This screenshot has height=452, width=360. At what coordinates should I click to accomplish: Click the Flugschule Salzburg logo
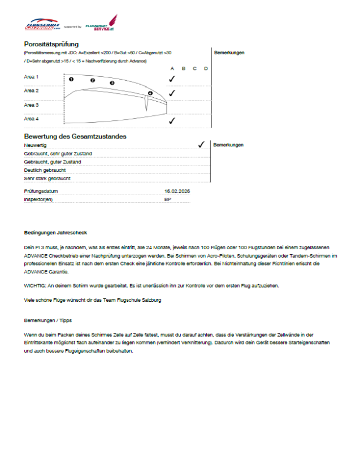tap(42, 25)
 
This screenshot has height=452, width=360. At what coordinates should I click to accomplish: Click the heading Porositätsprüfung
tap(51, 44)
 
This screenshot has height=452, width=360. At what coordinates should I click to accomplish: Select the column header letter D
tap(206, 68)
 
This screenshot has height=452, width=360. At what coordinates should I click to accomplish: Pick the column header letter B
tap(183, 68)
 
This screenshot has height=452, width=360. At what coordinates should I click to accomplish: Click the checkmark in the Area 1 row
tap(172, 79)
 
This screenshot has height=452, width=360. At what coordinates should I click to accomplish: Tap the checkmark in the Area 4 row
tap(172, 120)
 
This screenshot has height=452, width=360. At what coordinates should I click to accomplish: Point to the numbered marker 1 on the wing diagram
tap(71, 79)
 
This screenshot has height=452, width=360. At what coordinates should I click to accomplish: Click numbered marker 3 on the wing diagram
tap(112, 83)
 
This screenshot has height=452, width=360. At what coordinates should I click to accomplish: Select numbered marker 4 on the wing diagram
tap(150, 93)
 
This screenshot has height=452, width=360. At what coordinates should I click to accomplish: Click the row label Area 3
tap(32, 105)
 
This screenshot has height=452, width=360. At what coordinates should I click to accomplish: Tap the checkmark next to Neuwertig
tap(201, 145)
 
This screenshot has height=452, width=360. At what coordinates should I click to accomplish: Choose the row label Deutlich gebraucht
tap(45, 170)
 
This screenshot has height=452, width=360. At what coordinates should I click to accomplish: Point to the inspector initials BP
tap(168, 199)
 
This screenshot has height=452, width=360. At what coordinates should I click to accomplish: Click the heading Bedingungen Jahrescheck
tap(55, 233)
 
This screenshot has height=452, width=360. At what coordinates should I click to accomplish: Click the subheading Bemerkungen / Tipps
tap(47, 320)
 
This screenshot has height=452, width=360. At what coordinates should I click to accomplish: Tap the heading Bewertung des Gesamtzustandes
tap(75, 136)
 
